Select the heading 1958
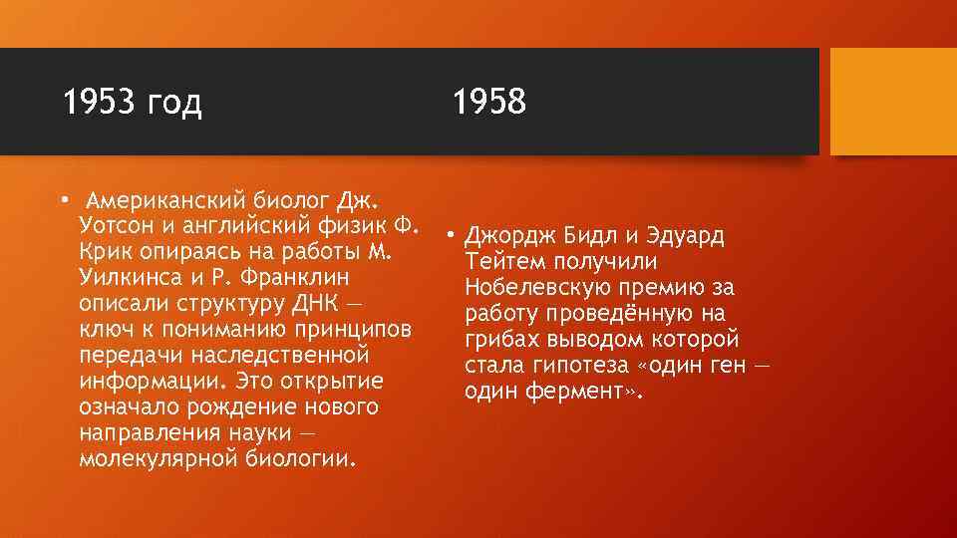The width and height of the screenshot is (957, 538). (x=488, y=102)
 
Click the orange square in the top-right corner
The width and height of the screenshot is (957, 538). (x=893, y=103)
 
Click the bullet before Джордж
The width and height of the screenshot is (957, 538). (x=451, y=236)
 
